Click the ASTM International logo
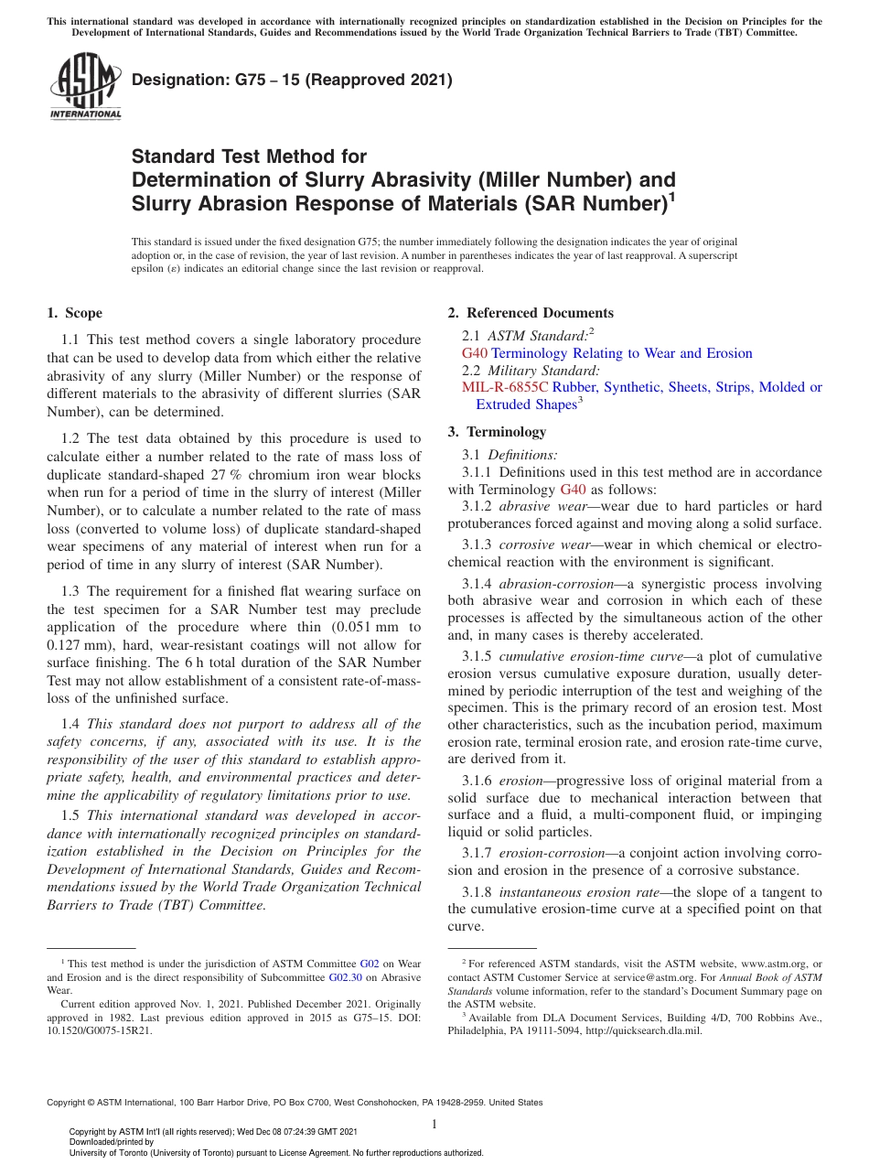[85, 86]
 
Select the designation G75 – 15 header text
[292, 80]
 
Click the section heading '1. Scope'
[75, 313]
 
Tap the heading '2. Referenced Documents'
[531, 313]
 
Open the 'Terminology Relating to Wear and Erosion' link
[621, 353]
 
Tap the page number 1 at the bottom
[434, 1125]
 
